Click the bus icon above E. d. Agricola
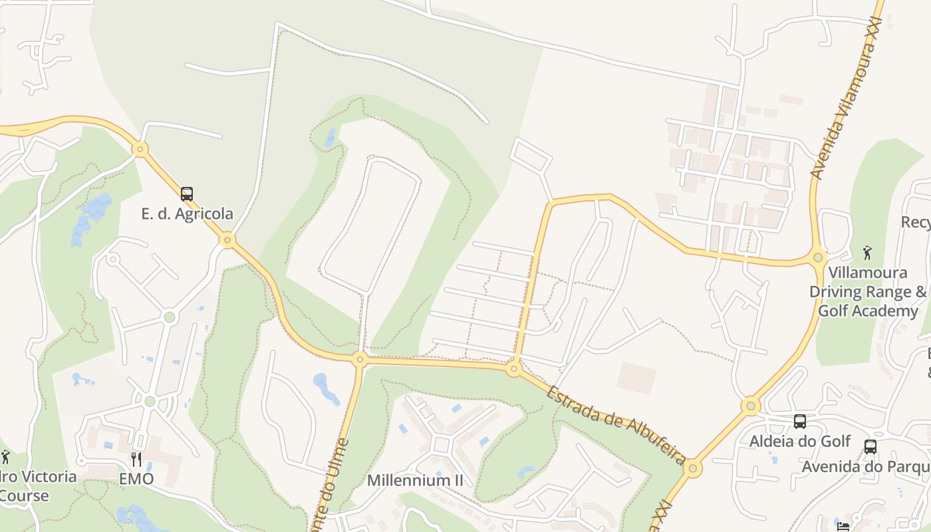(187, 194)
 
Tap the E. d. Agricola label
(187, 213)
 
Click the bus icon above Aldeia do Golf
(800, 422)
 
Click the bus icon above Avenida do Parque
(870, 447)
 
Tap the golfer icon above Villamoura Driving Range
(867, 253)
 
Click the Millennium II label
(414, 480)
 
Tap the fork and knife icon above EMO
(136, 459)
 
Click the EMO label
(136, 479)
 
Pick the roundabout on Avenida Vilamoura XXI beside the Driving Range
(818, 257)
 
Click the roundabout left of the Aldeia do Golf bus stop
(751, 405)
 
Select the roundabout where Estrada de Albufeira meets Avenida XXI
(693, 468)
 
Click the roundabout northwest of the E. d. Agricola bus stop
(140, 149)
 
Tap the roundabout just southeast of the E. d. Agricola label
(227, 239)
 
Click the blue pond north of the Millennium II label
(325, 388)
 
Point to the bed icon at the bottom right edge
(843, 527)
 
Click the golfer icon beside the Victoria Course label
(6, 457)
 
